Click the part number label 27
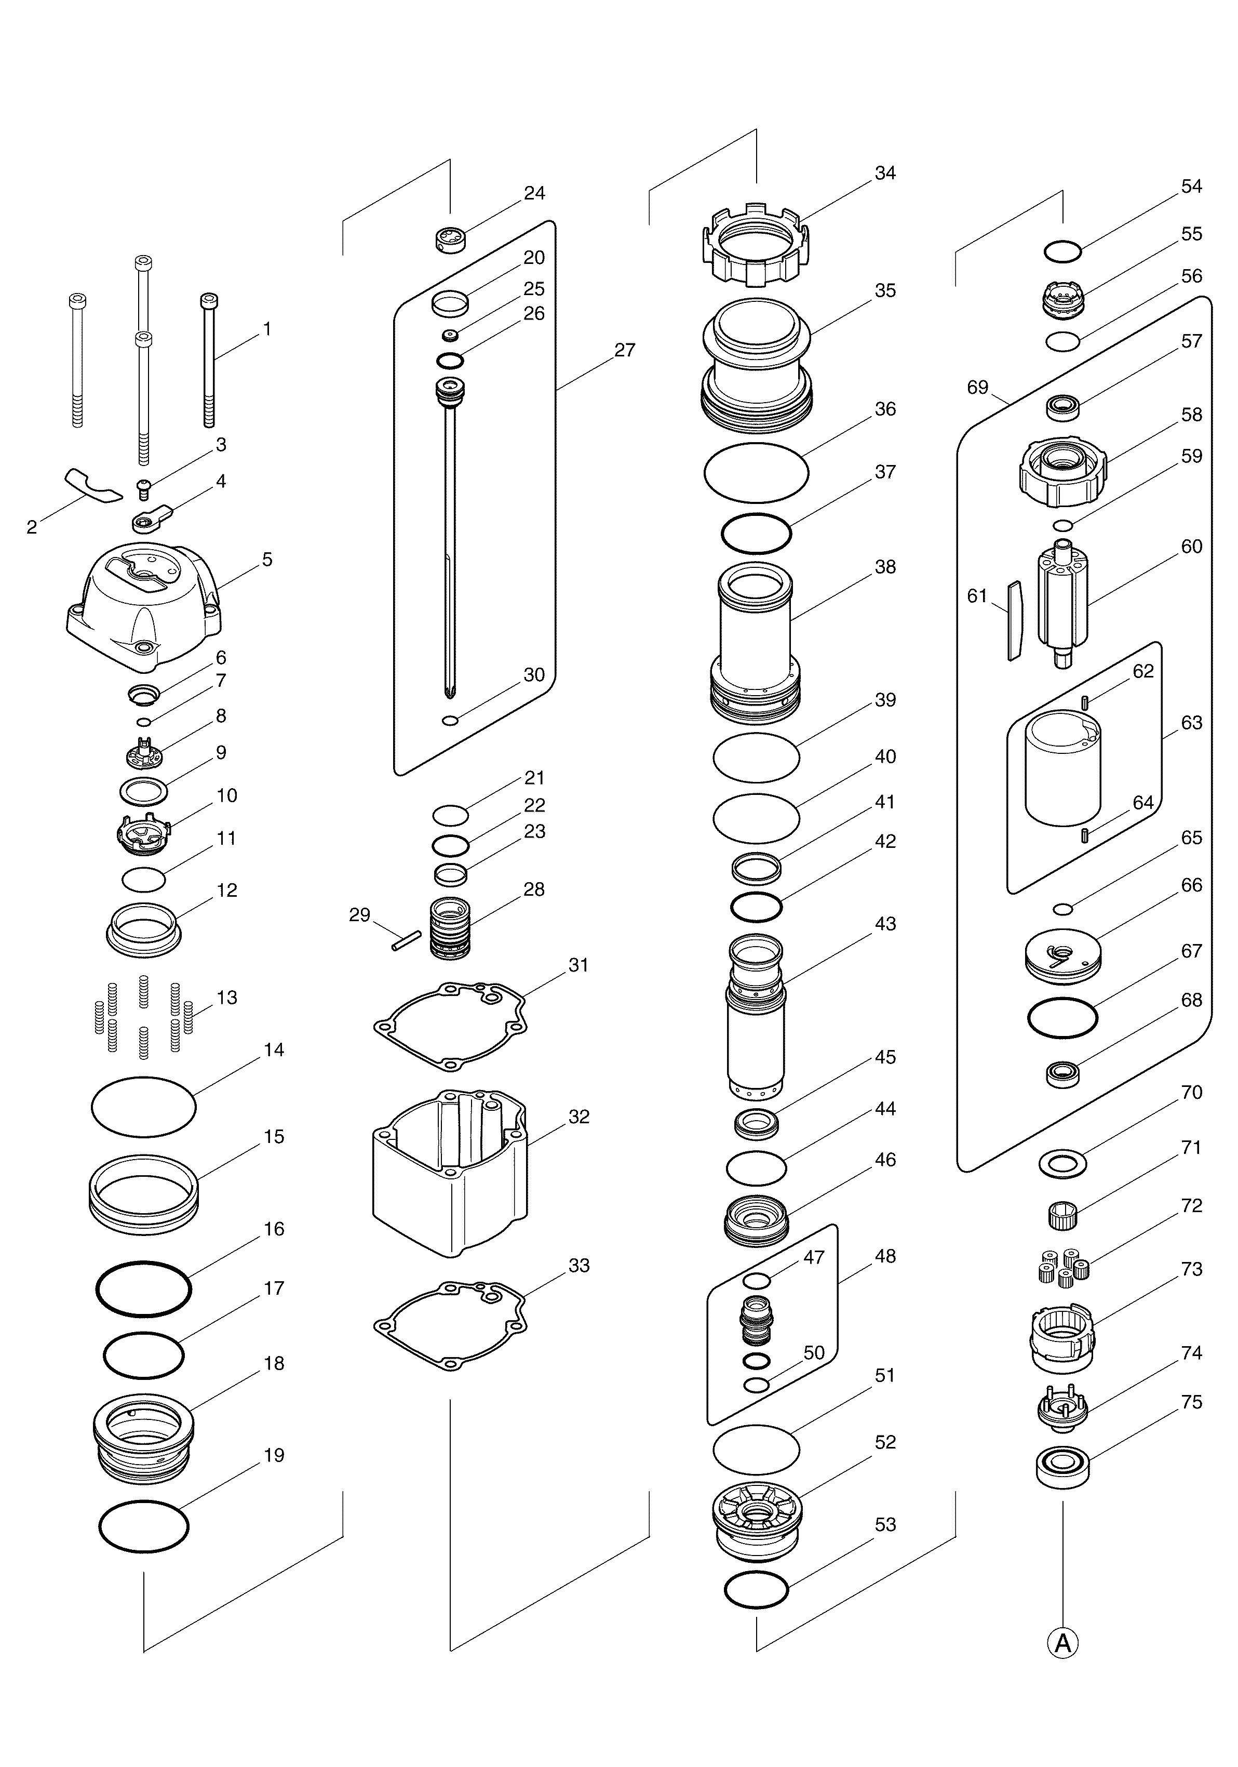pos(625,350)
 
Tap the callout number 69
pos(977,387)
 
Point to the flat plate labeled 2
pos(92,483)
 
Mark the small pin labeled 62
pos(1083,702)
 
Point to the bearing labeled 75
pos(1062,1467)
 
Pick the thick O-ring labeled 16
pos(144,1288)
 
